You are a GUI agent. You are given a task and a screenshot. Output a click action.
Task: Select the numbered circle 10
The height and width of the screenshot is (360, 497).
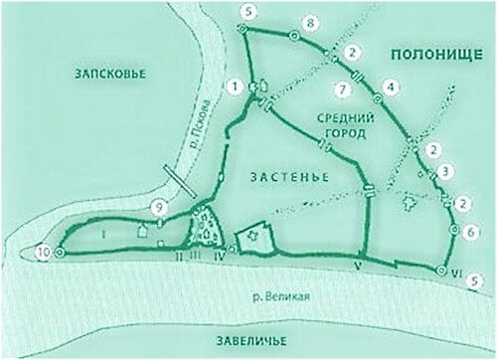pyautogui.click(x=42, y=253)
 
